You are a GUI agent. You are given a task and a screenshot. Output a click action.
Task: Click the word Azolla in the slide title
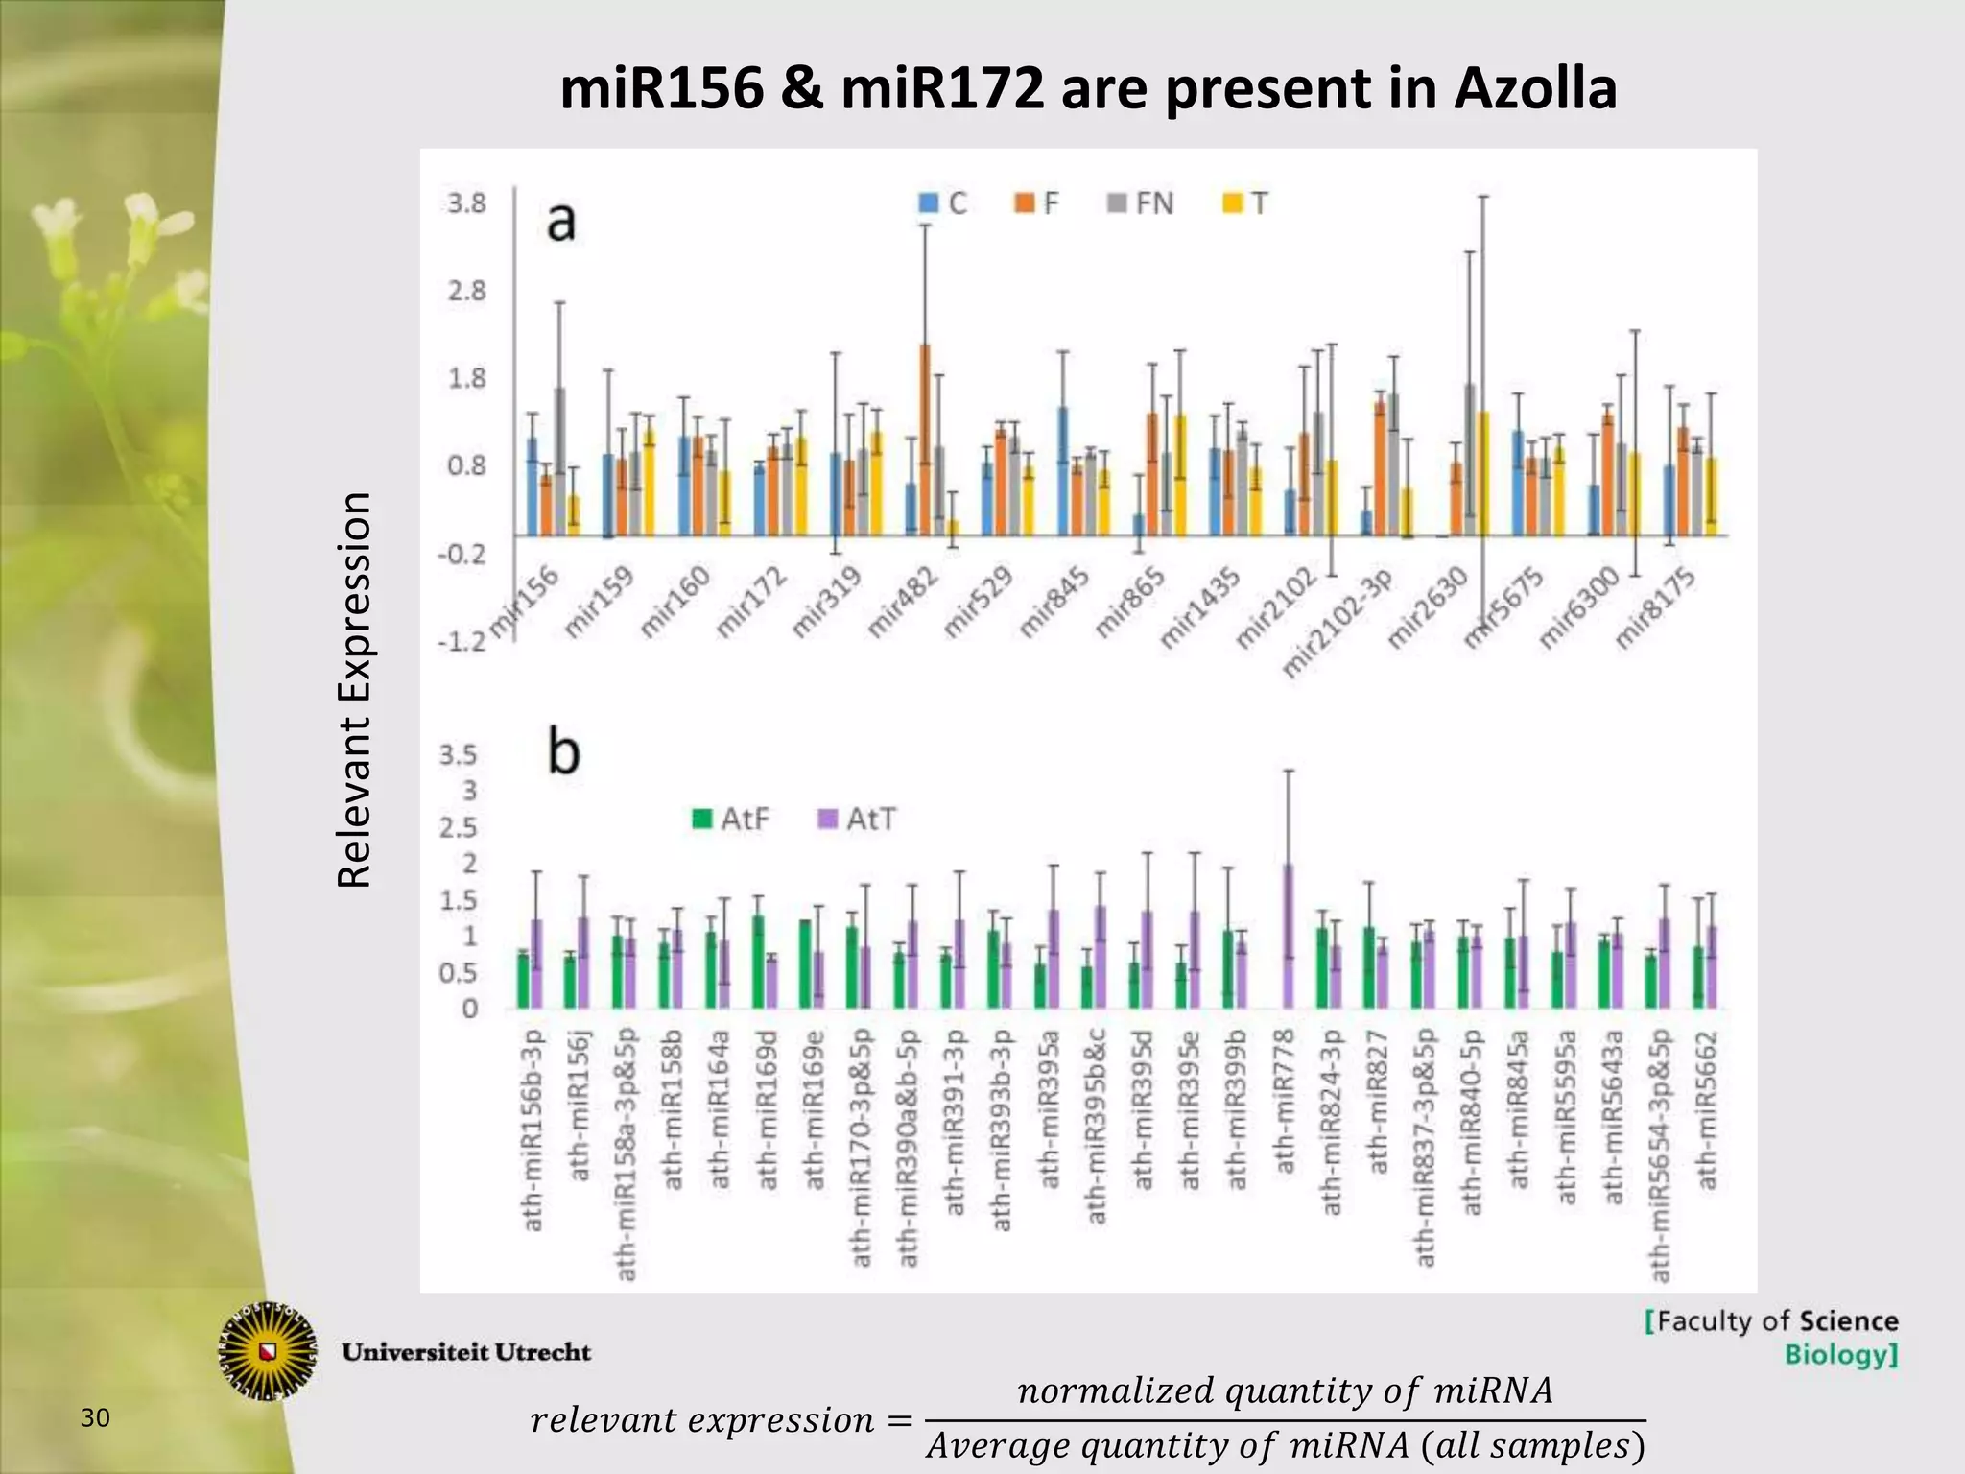pos(1535,89)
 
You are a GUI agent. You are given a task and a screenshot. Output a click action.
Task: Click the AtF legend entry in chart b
pos(731,819)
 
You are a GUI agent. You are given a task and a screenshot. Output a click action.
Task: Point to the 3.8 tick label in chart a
pos(467,203)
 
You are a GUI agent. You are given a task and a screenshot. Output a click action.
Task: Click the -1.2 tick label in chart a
pos(462,641)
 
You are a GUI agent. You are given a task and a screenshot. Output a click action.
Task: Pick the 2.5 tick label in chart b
pos(459,827)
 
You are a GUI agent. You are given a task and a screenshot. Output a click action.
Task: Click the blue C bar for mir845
pos(1063,470)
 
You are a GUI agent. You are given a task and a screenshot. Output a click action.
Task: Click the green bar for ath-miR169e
pos(805,963)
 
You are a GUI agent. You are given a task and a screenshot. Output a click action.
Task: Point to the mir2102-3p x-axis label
pos(1338,624)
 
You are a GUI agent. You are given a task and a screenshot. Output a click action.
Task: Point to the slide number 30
pos(95,1417)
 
